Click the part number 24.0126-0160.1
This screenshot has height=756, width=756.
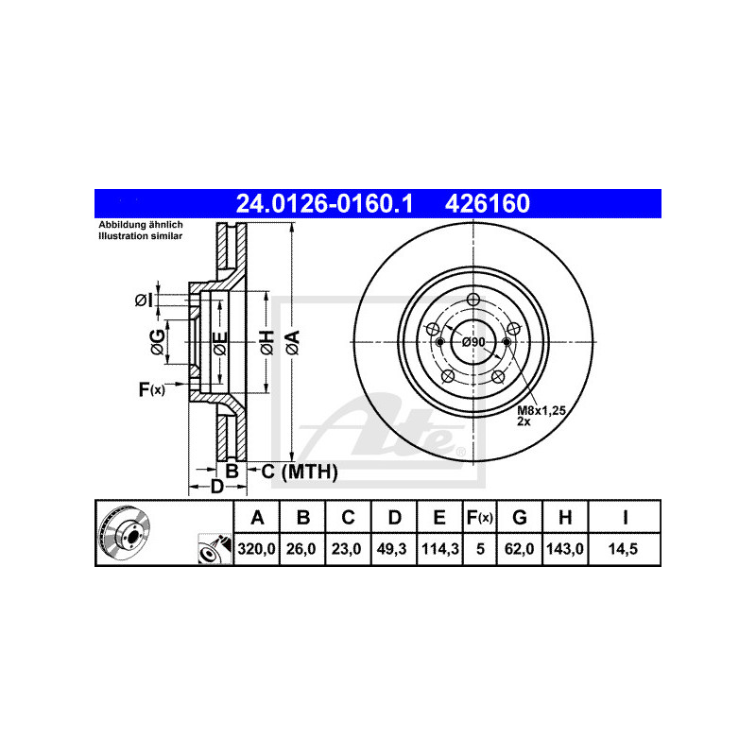(324, 203)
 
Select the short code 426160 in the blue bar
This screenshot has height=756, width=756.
(488, 203)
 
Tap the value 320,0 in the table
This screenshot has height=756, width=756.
(256, 549)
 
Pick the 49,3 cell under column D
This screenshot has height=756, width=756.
(391, 549)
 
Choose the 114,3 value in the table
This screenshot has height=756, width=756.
(440, 549)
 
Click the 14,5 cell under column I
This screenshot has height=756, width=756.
(623, 549)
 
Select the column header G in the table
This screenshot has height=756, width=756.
(519, 517)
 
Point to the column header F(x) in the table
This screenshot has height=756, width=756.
(480, 517)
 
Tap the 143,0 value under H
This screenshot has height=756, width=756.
(564, 549)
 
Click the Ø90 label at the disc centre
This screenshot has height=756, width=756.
(473, 342)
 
